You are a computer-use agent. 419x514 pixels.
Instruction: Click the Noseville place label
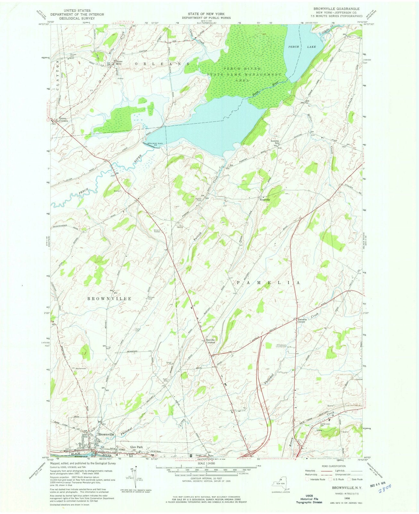pos(265,199)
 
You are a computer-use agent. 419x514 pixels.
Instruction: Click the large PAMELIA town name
pos(268,282)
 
